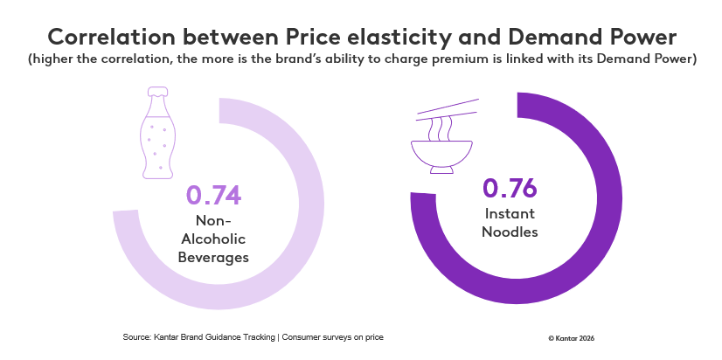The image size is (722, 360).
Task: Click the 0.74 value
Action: tap(213, 195)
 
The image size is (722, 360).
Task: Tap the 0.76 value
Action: tap(510, 189)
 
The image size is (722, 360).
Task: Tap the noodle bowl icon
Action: tap(447, 154)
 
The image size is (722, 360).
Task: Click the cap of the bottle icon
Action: tap(158, 91)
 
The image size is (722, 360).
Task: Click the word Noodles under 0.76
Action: tap(510, 232)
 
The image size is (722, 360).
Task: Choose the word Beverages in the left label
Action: tap(213, 257)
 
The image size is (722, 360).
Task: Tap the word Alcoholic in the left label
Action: tap(213, 239)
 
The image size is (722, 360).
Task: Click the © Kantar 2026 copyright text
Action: tap(571, 337)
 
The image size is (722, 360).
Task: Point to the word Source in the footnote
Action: tap(137, 336)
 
